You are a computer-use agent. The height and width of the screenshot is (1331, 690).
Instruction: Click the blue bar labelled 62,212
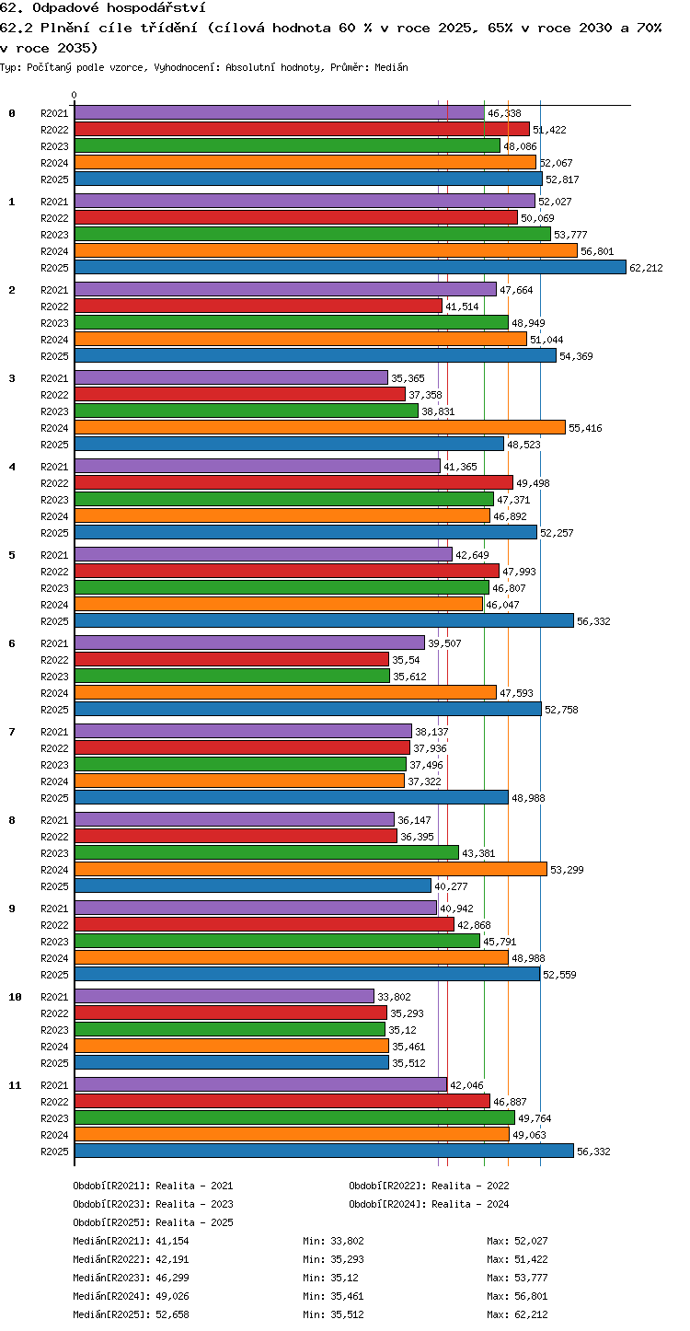click(x=351, y=267)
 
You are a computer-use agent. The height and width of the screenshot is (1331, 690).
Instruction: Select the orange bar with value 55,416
click(x=320, y=427)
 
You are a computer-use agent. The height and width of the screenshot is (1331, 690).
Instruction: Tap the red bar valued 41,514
click(x=259, y=306)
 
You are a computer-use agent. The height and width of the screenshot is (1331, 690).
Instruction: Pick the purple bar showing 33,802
click(x=224, y=997)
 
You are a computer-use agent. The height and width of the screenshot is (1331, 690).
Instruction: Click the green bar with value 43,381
click(x=267, y=852)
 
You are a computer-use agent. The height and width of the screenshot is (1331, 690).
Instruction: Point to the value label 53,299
click(x=567, y=870)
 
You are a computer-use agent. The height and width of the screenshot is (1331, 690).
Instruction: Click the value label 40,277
click(x=451, y=886)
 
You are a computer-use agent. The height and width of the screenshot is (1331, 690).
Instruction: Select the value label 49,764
click(x=535, y=1118)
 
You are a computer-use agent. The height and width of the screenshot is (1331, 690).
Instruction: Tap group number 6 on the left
click(x=12, y=643)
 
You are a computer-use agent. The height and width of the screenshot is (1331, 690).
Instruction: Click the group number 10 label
click(x=15, y=997)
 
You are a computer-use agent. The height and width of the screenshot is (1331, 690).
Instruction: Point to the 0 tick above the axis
click(x=75, y=95)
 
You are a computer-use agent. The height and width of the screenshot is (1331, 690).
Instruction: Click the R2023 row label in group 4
click(x=54, y=500)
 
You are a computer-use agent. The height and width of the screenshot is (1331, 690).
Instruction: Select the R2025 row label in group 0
click(x=54, y=179)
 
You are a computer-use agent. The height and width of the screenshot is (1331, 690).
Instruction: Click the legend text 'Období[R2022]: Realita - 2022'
click(x=429, y=1186)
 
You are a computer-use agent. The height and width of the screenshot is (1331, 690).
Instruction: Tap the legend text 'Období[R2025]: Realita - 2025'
click(x=154, y=1222)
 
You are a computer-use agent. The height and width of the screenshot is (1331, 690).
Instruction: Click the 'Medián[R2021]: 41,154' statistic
click(x=131, y=1241)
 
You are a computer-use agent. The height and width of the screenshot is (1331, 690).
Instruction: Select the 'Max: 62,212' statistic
click(x=517, y=1314)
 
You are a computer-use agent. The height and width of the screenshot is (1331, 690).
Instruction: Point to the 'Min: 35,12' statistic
click(x=331, y=1278)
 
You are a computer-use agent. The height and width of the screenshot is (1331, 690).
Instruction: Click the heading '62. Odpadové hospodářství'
click(x=103, y=7)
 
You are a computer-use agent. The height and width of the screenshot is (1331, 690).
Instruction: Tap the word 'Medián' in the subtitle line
click(x=391, y=67)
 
